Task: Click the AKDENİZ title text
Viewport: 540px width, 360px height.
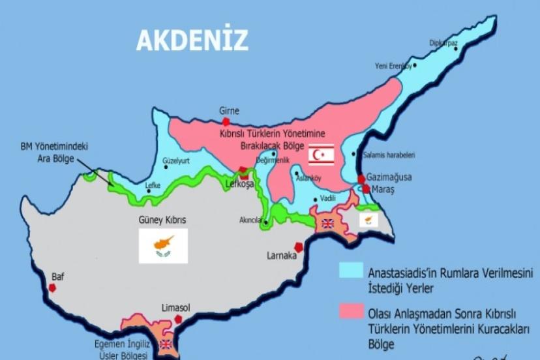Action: [x=192, y=40]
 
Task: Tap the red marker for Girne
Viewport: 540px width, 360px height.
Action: [x=226, y=121]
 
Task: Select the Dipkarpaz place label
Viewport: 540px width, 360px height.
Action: [x=443, y=43]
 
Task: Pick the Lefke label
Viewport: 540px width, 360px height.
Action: [x=152, y=185]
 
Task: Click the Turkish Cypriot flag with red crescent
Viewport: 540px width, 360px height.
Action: [x=321, y=155]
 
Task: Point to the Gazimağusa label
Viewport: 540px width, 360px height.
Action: [x=389, y=177]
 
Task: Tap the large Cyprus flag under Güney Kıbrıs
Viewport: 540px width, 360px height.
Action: [x=163, y=246]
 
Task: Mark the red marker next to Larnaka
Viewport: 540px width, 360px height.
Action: [x=299, y=247]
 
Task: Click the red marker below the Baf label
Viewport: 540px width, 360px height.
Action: [x=53, y=287]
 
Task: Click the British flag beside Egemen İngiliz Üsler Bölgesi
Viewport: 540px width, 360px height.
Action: [x=166, y=344]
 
